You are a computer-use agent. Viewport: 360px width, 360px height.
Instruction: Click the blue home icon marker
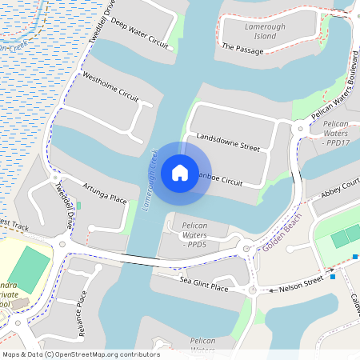(180, 172)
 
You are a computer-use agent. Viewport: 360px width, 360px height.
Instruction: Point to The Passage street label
(242, 49)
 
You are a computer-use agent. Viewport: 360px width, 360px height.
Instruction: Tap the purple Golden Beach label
(282, 233)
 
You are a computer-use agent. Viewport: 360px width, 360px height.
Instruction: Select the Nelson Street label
(302, 283)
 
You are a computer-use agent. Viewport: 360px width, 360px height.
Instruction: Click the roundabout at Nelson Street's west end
(254, 290)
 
